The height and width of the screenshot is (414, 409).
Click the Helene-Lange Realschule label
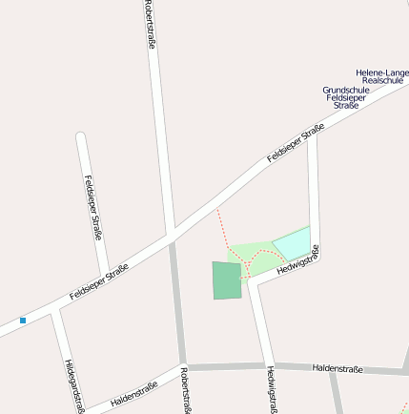pyautogui.click(x=381, y=76)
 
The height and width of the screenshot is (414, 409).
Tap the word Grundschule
pyautogui.click(x=344, y=90)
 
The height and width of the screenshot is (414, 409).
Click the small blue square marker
pyautogui.click(x=23, y=321)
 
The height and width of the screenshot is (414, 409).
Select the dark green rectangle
pyautogui.click(x=227, y=280)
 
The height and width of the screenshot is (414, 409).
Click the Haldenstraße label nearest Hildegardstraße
pyautogui.click(x=133, y=394)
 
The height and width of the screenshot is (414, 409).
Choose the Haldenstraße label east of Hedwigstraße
pyautogui.click(x=337, y=368)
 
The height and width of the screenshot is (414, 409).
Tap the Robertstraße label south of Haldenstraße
pyautogui.click(x=188, y=390)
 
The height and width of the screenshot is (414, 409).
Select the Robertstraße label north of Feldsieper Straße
pyautogui.click(x=150, y=23)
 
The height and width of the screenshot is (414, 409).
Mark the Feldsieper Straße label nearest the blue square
pyautogui.click(x=99, y=282)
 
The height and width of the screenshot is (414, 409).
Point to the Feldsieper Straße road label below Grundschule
pyautogui.click(x=296, y=142)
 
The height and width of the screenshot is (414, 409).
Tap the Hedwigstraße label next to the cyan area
pyautogui.click(x=297, y=261)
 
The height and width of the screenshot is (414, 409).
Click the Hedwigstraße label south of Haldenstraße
pyautogui.click(x=273, y=390)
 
